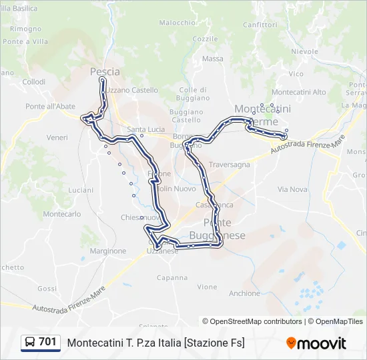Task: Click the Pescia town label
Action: (x=105, y=71)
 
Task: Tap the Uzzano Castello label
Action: (x=132, y=90)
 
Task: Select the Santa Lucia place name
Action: (x=145, y=129)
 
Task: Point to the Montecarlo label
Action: (x=62, y=214)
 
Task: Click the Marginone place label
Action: (x=107, y=251)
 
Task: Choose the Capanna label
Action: (x=172, y=277)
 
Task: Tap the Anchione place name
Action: (x=244, y=293)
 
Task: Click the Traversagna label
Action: (x=230, y=164)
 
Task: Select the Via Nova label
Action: (x=292, y=189)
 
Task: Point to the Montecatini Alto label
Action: (x=299, y=92)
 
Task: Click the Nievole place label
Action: (x=305, y=51)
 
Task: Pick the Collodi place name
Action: (x=34, y=82)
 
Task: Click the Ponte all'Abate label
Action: (x=50, y=106)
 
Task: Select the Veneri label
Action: (x=57, y=137)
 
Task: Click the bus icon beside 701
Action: (x=30, y=342)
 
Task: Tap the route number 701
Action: (x=47, y=342)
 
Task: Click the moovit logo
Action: (x=316, y=343)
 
